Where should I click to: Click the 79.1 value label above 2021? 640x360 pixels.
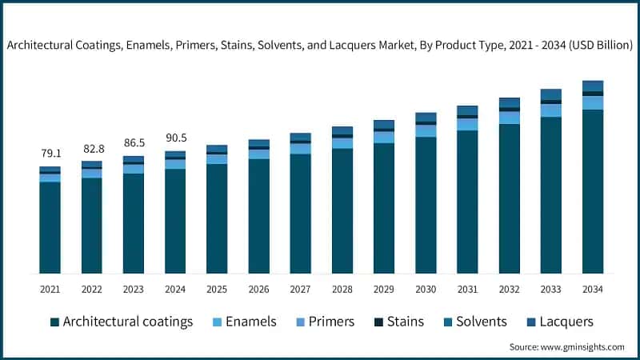coord(50,153)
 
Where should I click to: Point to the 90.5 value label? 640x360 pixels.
coord(175,137)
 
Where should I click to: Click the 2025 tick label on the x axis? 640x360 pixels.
coord(217,289)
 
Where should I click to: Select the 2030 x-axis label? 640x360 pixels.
coord(426,289)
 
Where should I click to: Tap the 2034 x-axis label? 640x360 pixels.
coord(592,289)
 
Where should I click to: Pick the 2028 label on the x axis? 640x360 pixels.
coord(342,289)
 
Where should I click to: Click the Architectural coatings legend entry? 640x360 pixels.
coord(122,322)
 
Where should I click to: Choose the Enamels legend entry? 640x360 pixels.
coord(243,322)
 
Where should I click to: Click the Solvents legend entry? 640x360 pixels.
coord(475,322)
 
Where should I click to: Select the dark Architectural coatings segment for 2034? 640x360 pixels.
coord(592,192)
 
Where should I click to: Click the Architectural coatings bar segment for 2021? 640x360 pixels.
coord(50,228)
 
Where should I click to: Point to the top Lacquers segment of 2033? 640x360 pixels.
coord(550,94)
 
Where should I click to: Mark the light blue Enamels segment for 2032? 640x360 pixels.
coord(509,118)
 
